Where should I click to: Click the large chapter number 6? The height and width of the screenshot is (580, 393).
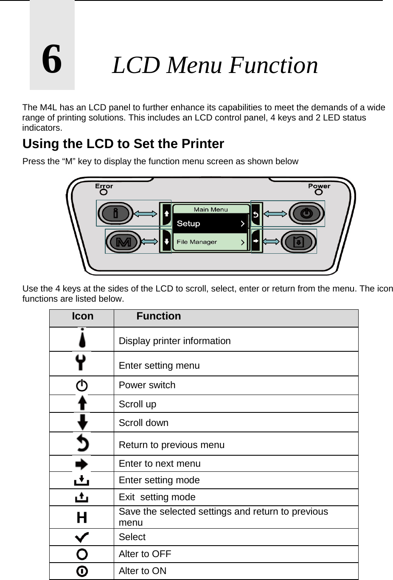point(52,59)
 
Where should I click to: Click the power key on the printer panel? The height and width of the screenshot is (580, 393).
point(307,213)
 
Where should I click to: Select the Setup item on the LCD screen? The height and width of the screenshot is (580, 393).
point(188,224)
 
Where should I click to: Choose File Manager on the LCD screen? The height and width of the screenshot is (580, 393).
point(196,242)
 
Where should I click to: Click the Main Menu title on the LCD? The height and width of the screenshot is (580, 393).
point(211,209)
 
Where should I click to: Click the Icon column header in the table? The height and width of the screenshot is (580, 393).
point(83,317)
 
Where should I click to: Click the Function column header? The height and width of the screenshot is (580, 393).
point(159,317)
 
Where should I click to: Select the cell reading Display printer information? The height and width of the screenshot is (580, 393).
point(175,341)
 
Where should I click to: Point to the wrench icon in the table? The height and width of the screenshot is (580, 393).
point(81,364)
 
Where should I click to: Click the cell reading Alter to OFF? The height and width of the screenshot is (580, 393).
point(145,554)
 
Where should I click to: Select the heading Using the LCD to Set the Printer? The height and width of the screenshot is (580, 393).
point(123,144)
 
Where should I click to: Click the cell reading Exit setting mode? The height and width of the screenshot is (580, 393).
point(157,497)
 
